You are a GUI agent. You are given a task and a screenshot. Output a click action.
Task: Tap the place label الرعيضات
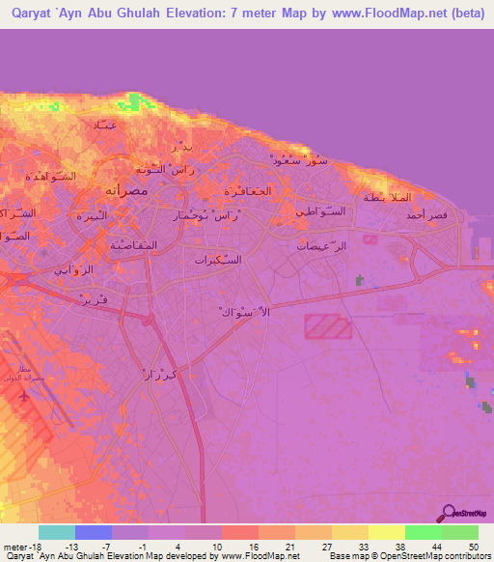[x=318, y=245]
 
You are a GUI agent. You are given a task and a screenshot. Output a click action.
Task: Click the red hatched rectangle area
[x=328, y=326]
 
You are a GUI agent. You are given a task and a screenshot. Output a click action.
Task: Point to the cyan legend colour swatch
[x=57, y=532]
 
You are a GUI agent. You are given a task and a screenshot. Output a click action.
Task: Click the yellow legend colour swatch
[x=387, y=532]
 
